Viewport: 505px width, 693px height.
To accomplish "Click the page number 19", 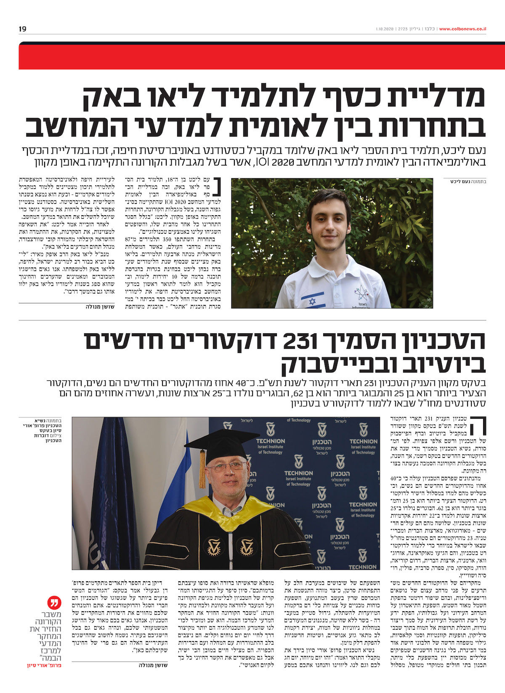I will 22,29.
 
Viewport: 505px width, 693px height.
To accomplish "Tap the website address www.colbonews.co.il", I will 462,29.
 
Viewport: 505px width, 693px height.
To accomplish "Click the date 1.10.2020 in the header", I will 385,29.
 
